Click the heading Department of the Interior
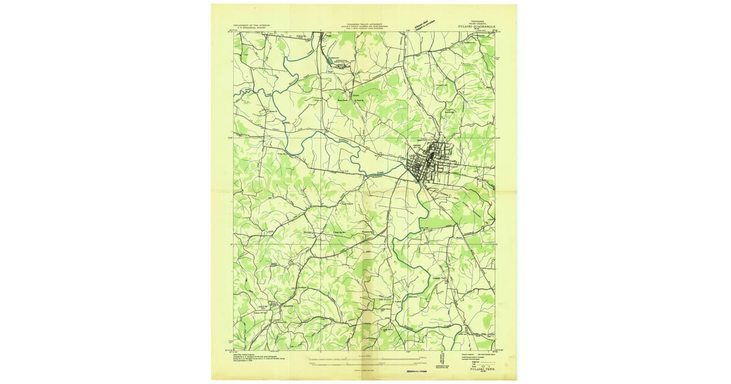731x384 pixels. coord(249,26)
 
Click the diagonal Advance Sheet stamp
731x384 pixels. coord(420,23)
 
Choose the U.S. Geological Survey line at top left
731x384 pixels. coord(249,29)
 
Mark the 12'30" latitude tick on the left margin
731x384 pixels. coord(230,137)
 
